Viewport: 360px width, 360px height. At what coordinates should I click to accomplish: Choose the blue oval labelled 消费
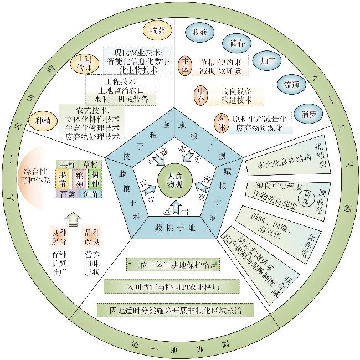(x=306, y=115)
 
